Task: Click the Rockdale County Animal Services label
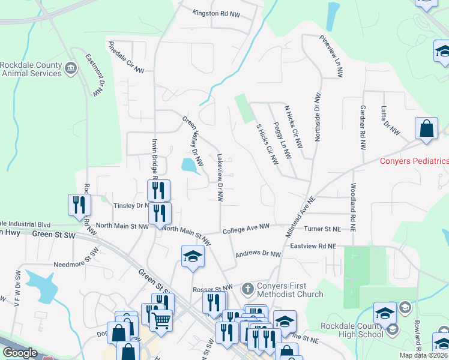(x=31, y=69)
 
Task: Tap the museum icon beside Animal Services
(x=71, y=66)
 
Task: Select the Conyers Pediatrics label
(x=414, y=161)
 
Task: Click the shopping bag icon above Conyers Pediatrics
(x=426, y=128)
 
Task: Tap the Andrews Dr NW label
(x=258, y=254)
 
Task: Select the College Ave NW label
(x=246, y=229)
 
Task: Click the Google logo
(x=20, y=353)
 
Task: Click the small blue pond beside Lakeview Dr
(x=190, y=164)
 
